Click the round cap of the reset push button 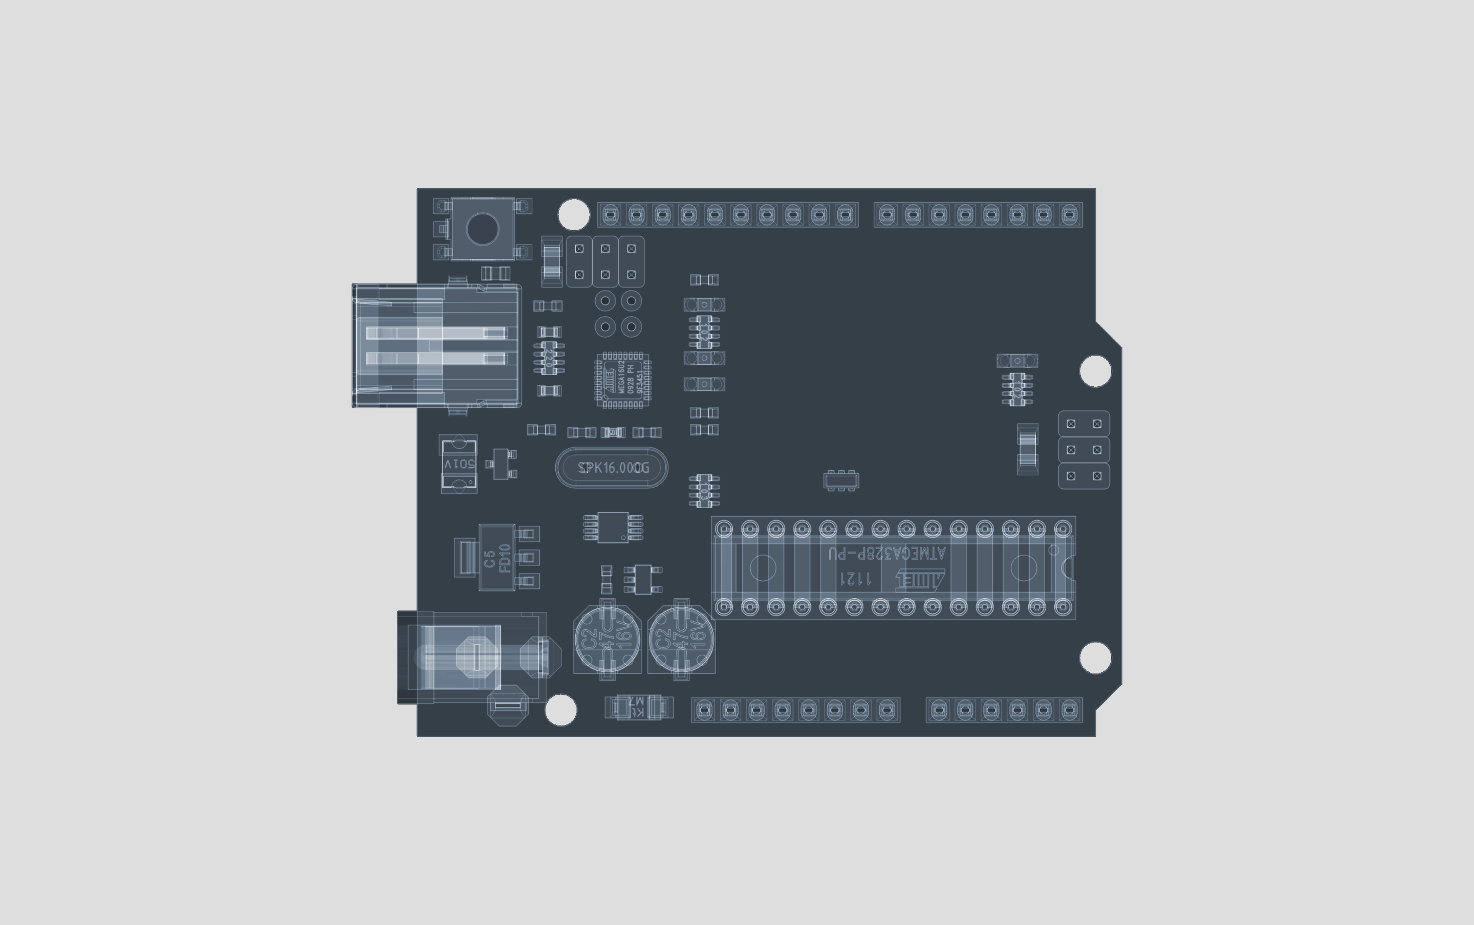click(x=482, y=229)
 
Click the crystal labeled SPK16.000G click(x=611, y=468)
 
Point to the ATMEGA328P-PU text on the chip click(x=886, y=554)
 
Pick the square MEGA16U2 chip click(x=623, y=380)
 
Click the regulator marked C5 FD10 click(x=497, y=557)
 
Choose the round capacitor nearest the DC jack click(x=607, y=638)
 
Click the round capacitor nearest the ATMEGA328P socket click(x=682, y=638)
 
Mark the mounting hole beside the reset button click(x=574, y=215)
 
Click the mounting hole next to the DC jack click(x=560, y=710)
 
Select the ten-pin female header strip click(x=727, y=215)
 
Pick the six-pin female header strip click(x=1004, y=710)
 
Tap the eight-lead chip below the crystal click(x=613, y=527)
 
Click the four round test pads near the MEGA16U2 click(x=618, y=314)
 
